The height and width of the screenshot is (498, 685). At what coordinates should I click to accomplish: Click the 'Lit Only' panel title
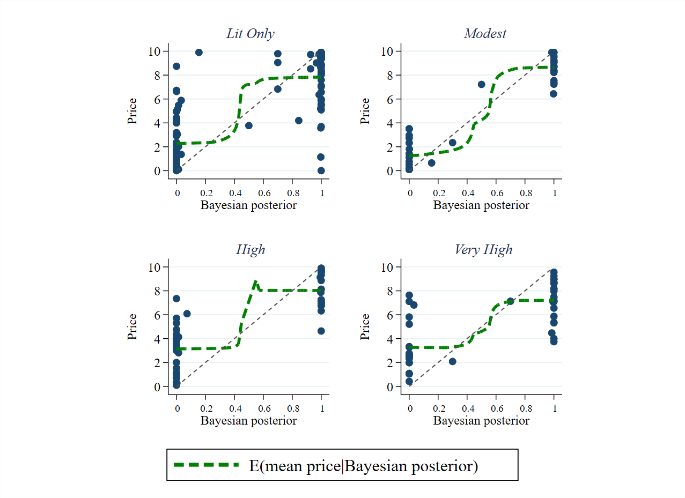click(250, 34)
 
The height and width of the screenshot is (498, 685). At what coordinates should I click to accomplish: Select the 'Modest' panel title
click(485, 34)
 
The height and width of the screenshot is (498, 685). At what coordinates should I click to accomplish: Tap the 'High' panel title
click(250, 250)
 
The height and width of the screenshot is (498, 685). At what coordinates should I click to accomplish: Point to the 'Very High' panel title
click(483, 250)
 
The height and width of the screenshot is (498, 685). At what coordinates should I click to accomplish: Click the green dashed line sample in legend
click(206, 465)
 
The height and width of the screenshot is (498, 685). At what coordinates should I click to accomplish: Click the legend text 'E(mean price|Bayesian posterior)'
click(363, 466)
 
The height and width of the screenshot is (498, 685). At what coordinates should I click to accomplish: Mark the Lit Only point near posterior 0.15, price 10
click(198, 52)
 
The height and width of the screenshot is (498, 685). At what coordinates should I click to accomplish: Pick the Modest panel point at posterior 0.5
click(482, 84)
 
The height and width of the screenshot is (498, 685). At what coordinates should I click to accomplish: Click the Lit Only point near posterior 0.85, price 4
click(299, 121)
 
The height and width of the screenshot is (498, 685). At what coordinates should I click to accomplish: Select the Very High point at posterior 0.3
click(453, 361)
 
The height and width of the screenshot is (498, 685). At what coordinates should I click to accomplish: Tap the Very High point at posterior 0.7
click(510, 301)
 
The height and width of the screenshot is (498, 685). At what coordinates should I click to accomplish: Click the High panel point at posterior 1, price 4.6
click(321, 331)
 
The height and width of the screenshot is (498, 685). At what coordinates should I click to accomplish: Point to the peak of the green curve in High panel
click(255, 280)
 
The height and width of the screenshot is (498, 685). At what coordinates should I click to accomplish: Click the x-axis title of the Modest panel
click(481, 205)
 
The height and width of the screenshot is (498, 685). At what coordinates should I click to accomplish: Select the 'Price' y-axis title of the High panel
click(132, 326)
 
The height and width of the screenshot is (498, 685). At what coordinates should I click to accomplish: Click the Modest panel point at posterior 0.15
click(431, 162)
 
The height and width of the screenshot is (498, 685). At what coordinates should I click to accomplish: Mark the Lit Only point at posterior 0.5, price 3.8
click(249, 125)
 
